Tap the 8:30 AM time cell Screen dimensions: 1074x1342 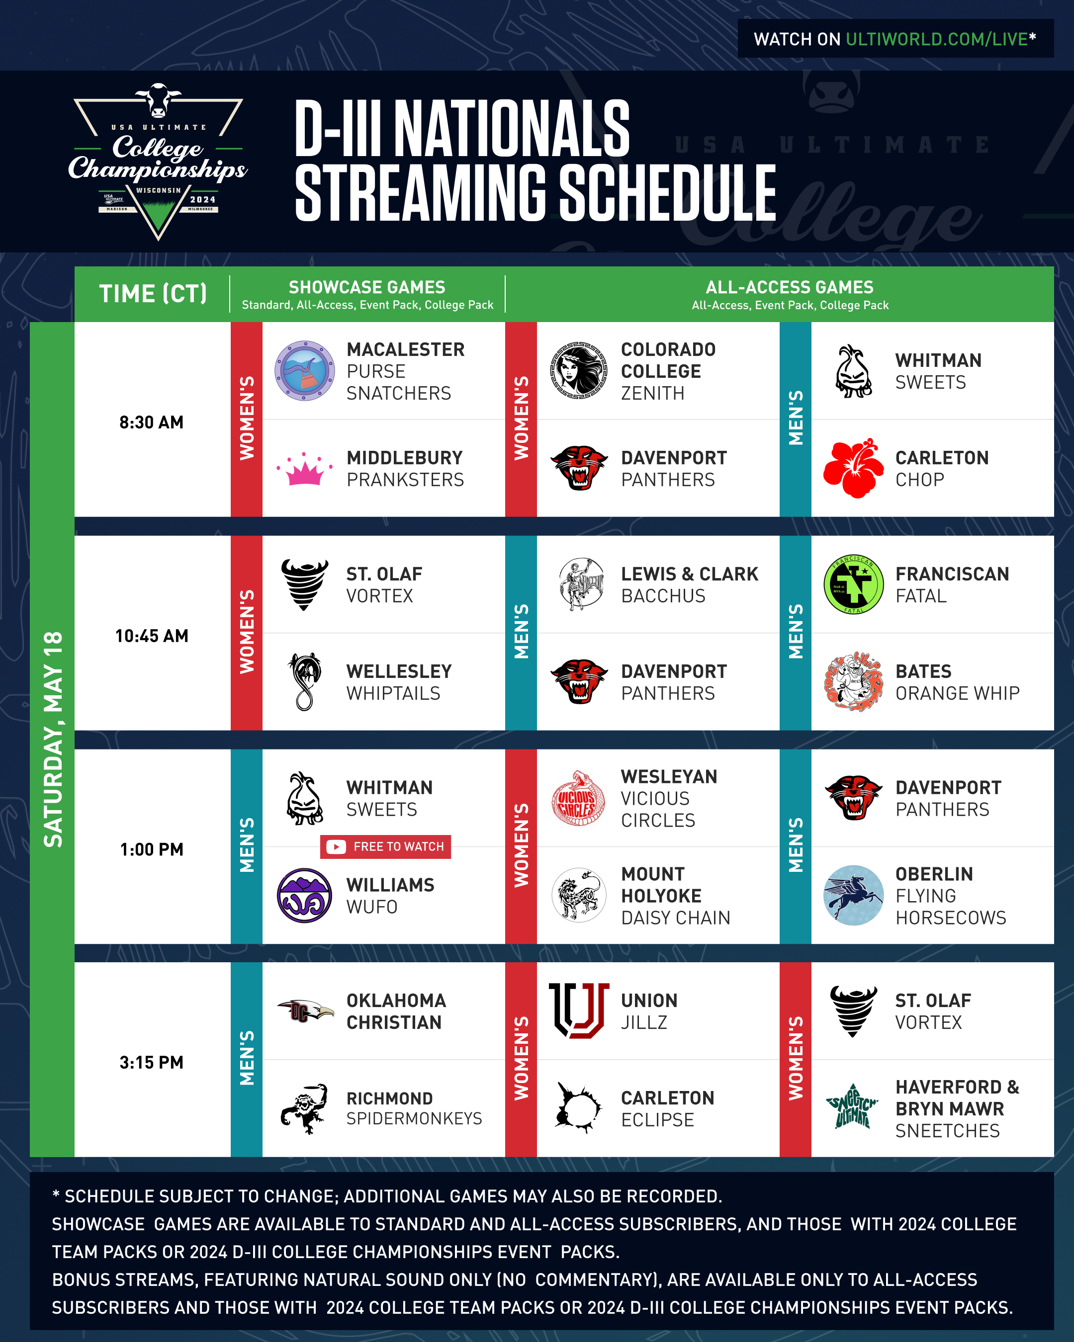pyautogui.click(x=151, y=422)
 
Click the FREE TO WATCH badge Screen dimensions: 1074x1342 pyautogui.click(x=385, y=846)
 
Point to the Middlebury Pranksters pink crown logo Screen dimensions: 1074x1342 pyautogui.click(x=304, y=469)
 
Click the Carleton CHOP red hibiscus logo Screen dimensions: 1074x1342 pyautogui.click(x=853, y=468)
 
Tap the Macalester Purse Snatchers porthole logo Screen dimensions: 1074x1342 pyautogui.click(x=304, y=370)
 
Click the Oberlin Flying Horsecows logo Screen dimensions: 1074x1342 pyautogui.click(x=853, y=895)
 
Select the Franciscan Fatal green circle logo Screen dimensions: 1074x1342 pyautogui.click(x=853, y=585)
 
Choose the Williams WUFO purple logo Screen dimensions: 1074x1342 pyautogui.click(x=304, y=895)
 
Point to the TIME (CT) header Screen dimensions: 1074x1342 pyautogui.click(x=153, y=293)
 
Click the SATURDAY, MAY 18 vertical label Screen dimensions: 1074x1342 pyautogui.click(x=53, y=740)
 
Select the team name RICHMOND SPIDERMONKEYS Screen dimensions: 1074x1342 pyautogui.click(x=414, y=1108)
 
